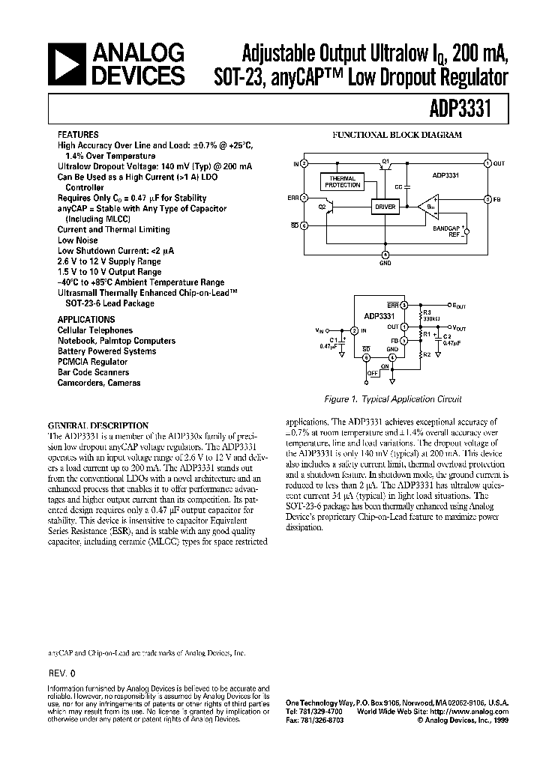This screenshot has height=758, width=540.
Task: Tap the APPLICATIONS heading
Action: [x=86, y=319]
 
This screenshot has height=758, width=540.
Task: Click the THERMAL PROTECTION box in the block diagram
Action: [x=342, y=181]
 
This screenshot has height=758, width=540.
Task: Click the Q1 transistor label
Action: [x=386, y=160]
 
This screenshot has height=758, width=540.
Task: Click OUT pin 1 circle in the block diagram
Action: [x=487, y=163]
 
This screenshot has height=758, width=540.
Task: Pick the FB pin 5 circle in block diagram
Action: [x=487, y=199]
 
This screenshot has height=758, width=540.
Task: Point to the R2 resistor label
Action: [x=426, y=354]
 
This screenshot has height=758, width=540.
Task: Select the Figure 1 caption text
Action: [x=398, y=399]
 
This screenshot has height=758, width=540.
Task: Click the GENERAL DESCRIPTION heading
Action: [x=97, y=425]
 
